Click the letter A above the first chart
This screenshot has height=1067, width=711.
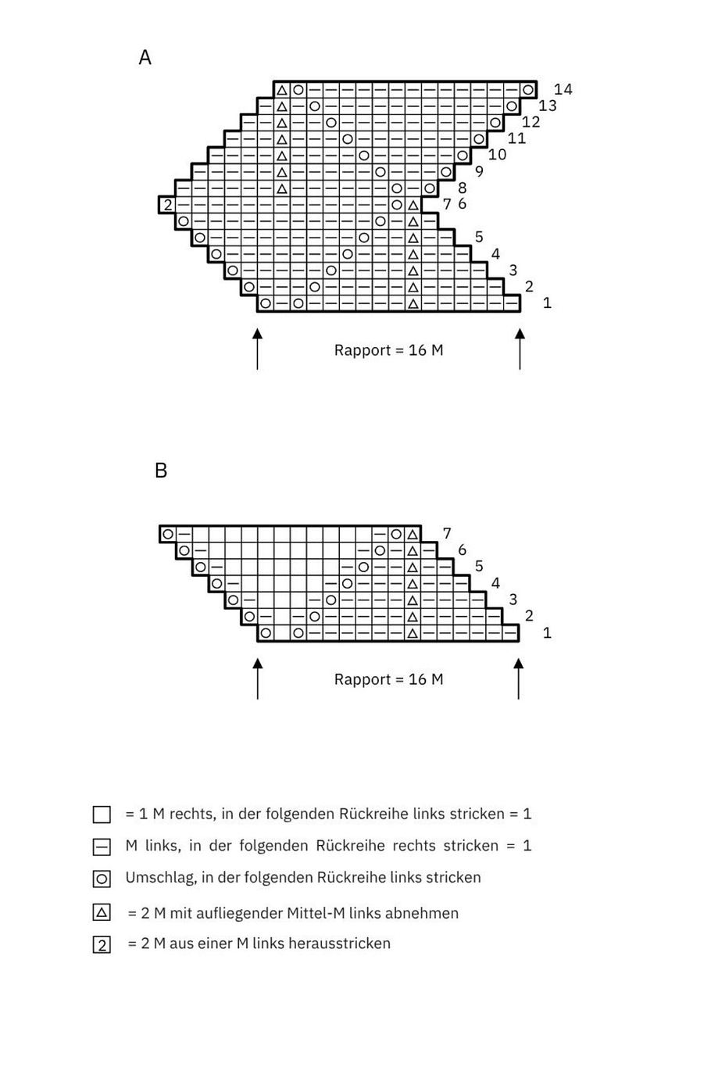pyautogui.click(x=145, y=58)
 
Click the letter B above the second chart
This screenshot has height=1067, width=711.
pyautogui.click(x=161, y=471)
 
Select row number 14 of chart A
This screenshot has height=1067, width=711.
pyautogui.click(x=563, y=89)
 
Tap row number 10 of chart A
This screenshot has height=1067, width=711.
pyautogui.click(x=497, y=155)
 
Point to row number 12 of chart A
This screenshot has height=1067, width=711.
pyautogui.click(x=531, y=122)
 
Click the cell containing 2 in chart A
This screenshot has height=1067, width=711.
pyautogui.click(x=167, y=206)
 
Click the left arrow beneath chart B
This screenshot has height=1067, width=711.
pyautogui.click(x=257, y=678)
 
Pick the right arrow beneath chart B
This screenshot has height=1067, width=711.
pyautogui.click(x=518, y=678)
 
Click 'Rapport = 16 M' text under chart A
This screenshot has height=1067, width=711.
pyautogui.click(x=388, y=350)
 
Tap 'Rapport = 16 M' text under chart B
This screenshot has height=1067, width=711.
pyautogui.click(x=388, y=679)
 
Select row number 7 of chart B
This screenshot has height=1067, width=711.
pyautogui.click(x=447, y=534)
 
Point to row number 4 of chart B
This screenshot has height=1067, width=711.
pyautogui.click(x=495, y=583)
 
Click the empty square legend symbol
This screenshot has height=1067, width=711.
pyautogui.click(x=102, y=815)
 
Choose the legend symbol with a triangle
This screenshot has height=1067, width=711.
pyautogui.click(x=102, y=912)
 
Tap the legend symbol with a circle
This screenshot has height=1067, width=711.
pyautogui.click(x=102, y=879)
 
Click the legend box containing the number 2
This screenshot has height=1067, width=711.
pyautogui.click(x=102, y=945)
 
